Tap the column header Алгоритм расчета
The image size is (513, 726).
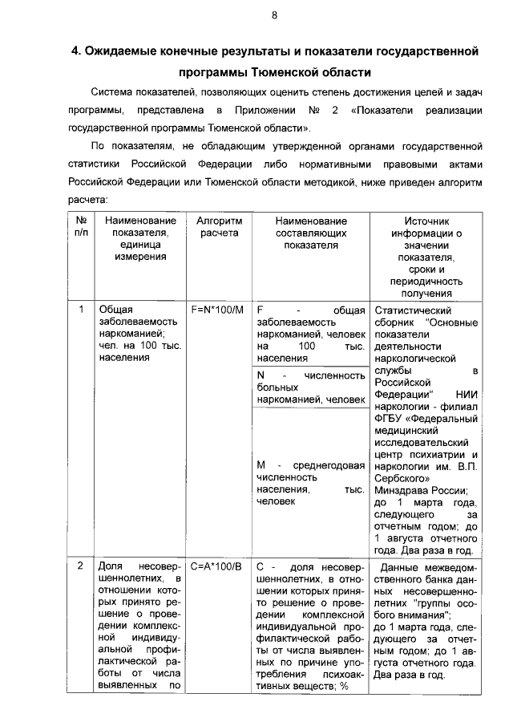(x=219, y=227)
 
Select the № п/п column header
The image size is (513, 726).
(x=81, y=227)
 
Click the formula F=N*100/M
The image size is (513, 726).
(x=217, y=310)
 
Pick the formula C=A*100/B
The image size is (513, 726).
(x=217, y=566)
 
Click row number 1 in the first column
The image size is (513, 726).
(x=81, y=310)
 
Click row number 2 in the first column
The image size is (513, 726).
(x=81, y=566)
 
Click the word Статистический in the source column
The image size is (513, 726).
(x=413, y=310)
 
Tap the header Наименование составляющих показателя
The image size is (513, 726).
(x=310, y=233)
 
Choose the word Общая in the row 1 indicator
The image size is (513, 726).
(x=115, y=310)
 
